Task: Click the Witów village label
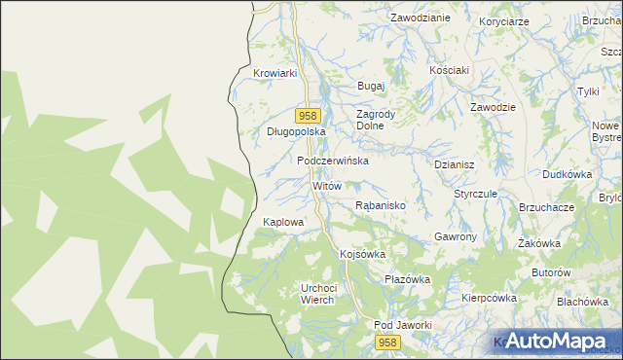pyautogui.click(x=326, y=185)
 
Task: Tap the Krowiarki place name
pyautogui.click(x=274, y=73)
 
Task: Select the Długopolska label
pyautogui.click(x=295, y=130)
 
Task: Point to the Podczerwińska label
pyautogui.click(x=332, y=161)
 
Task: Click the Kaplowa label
pyautogui.click(x=283, y=222)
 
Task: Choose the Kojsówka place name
pyautogui.click(x=362, y=254)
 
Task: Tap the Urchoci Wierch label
pyautogui.click(x=318, y=294)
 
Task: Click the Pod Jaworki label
pyautogui.click(x=402, y=325)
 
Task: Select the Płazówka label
pyautogui.click(x=407, y=279)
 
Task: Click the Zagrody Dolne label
pyautogui.click(x=376, y=120)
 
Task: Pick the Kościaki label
pyautogui.click(x=450, y=70)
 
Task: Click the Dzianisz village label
pyautogui.click(x=454, y=165)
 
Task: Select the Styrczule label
pyautogui.click(x=475, y=194)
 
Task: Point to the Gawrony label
pyautogui.click(x=455, y=237)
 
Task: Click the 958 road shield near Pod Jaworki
pyautogui.click(x=388, y=342)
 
